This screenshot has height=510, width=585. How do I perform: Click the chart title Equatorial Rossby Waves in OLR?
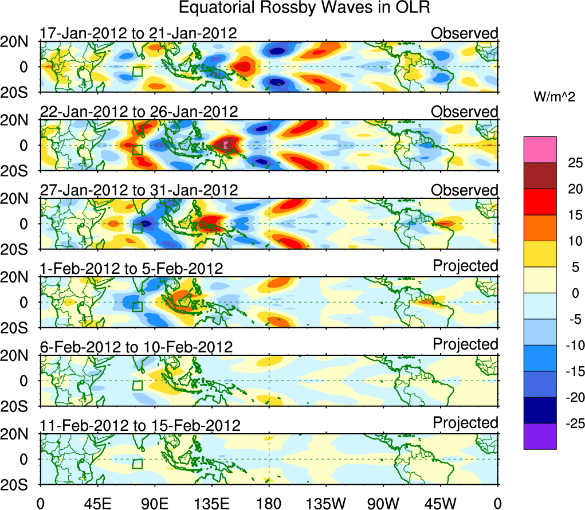(304, 8)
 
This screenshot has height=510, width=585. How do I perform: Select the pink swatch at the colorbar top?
(539, 150)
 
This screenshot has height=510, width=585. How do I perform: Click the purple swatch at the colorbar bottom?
(539, 436)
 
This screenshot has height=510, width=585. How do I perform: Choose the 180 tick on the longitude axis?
(269, 503)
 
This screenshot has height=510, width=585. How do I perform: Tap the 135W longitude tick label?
(326, 503)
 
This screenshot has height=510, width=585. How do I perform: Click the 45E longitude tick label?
(97, 503)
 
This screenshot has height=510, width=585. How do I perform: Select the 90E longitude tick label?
(155, 503)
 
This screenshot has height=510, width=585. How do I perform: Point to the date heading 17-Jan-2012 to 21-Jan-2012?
(138, 33)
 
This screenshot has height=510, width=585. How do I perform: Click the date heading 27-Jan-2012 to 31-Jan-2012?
(138, 190)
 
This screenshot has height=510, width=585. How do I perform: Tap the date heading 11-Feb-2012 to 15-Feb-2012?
(140, 426)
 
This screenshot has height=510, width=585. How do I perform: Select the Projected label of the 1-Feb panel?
(465, 266)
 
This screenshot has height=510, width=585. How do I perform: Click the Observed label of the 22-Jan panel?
(465, 112)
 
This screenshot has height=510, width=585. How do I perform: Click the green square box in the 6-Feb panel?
(137, 385)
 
